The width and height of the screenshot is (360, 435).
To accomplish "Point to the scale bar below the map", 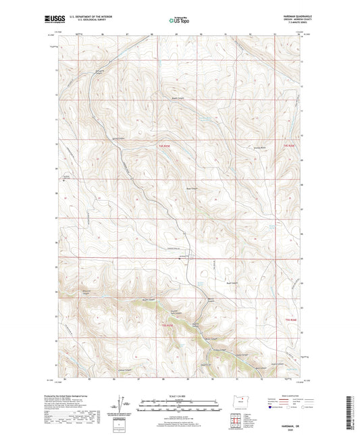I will pos(179,407).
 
